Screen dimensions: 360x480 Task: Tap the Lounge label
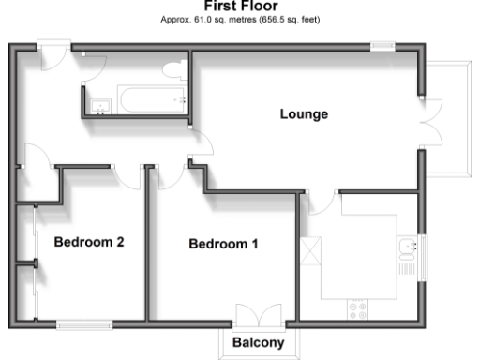(x=304, y=115)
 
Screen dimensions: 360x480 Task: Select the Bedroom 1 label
(x=223, y=245)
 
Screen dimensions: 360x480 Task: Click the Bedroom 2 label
(x=89, y=242)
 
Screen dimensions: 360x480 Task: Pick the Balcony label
(x=258, y=342)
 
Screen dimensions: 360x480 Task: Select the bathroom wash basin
(x=98, y=103)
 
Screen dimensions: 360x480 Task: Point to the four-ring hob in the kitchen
(x=357, y=307)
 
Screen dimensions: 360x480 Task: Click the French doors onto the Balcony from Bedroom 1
(x=258, y=315)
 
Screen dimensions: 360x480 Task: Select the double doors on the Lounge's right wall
(x=429, y=119)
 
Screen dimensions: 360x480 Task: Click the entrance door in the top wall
(x=54, y=51)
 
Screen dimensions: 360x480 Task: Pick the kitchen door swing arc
(x=320, y=202)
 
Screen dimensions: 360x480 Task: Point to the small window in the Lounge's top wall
(x=382, y=45)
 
